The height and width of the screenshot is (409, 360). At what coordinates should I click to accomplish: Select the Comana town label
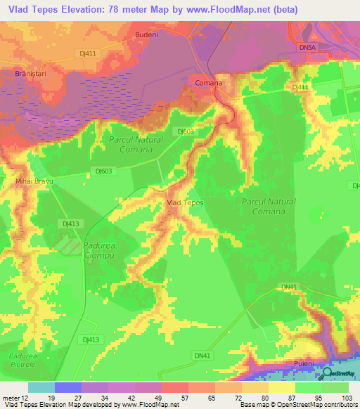pyautogui.click(x=208, y=83)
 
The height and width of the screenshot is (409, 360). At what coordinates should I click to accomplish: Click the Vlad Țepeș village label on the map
pyautogui.click(x=184, y=202)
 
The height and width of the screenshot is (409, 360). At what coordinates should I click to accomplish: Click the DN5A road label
pyautogui.click(x=307, y=47)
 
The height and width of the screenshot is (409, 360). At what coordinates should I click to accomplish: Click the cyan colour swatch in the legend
pyautogui.click(x=41, y=387)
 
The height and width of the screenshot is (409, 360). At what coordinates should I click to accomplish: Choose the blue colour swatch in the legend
pyautogui.click(x=67, y=387)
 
